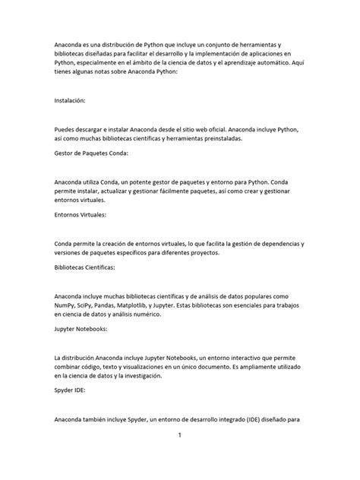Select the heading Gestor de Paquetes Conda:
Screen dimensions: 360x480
tap(92, 153)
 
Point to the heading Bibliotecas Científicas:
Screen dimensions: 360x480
tap(88, 269)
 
